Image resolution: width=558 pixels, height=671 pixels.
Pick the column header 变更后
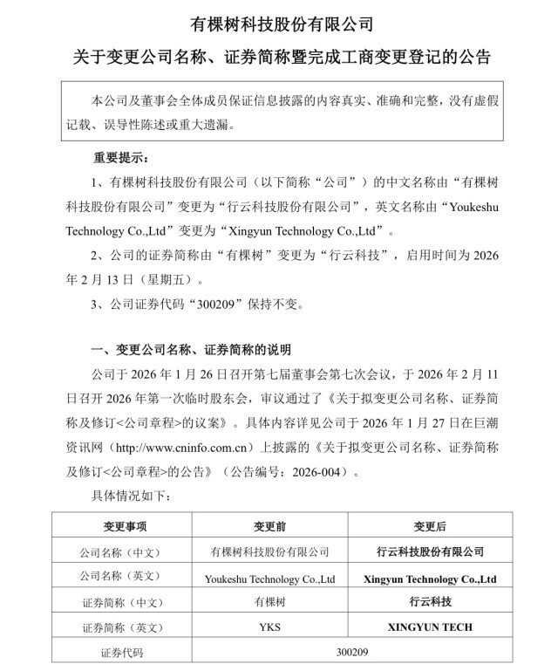[x=429, y=527]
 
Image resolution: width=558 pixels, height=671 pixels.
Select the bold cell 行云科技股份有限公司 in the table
[x=429, y=551]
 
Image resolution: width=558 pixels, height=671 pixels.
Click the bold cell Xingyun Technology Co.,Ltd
[x=429, y=578]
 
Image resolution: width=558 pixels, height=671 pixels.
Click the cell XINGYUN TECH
[x=429, y=627]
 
